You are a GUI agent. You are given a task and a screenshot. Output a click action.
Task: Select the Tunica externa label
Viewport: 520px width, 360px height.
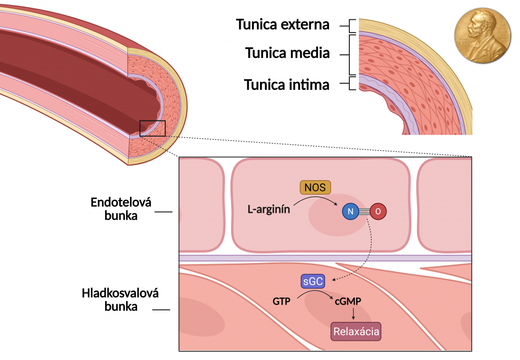[x=283, y=24]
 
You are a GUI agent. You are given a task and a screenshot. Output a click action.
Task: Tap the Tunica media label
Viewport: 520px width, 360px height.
[x=287, y=53]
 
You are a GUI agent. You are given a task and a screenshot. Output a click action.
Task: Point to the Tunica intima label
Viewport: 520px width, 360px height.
[x=286, y=84]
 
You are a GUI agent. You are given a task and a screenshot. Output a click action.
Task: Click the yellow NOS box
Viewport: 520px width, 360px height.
[x=315, y=187]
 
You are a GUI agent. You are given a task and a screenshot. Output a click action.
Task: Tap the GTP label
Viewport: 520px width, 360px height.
[x=281, y=302]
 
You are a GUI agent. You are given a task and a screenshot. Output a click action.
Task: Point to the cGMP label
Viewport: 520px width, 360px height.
[x=348, y=302]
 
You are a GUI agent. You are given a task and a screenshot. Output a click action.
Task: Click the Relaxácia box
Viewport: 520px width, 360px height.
[x=355, y=332]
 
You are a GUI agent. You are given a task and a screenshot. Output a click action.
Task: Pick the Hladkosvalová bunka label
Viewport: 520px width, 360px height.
[x=120, y=300]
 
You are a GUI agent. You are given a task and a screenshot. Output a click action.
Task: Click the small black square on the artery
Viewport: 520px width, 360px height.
[x=152, y=128]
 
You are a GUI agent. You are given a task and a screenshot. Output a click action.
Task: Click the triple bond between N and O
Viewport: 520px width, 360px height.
[x=365, y=212]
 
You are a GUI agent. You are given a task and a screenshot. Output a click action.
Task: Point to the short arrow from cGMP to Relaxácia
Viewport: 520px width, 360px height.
[x=353, y=315]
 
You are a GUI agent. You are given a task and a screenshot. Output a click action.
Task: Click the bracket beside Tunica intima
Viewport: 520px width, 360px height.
[x=351, y=83]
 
